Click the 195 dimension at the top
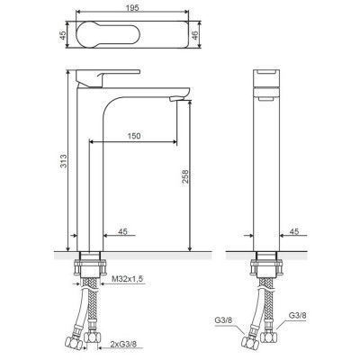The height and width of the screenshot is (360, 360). pyautogui.click(x=132, y=8)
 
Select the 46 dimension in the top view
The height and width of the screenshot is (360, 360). pyautogui.click(x=195, y=34)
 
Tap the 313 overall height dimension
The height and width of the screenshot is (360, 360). pyautogui.click(x=64, y=161)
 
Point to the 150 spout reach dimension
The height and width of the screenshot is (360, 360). pyautogui.click(x=134, y=136)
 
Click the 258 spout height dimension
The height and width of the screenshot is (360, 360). pyautogui.click(x=185, y=176)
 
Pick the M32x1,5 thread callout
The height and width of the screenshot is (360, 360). pyautogui.click(x=128, y=279)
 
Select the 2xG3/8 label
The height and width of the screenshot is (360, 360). pyautogui.click(x=123, y=345)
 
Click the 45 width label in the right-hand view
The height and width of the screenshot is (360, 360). pyautogui.click(x=294, y=231)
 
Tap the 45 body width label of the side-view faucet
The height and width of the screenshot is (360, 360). pyautogui.click(x=122, y=231)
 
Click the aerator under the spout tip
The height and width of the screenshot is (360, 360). pyautogui.click(x=176, y=98)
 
